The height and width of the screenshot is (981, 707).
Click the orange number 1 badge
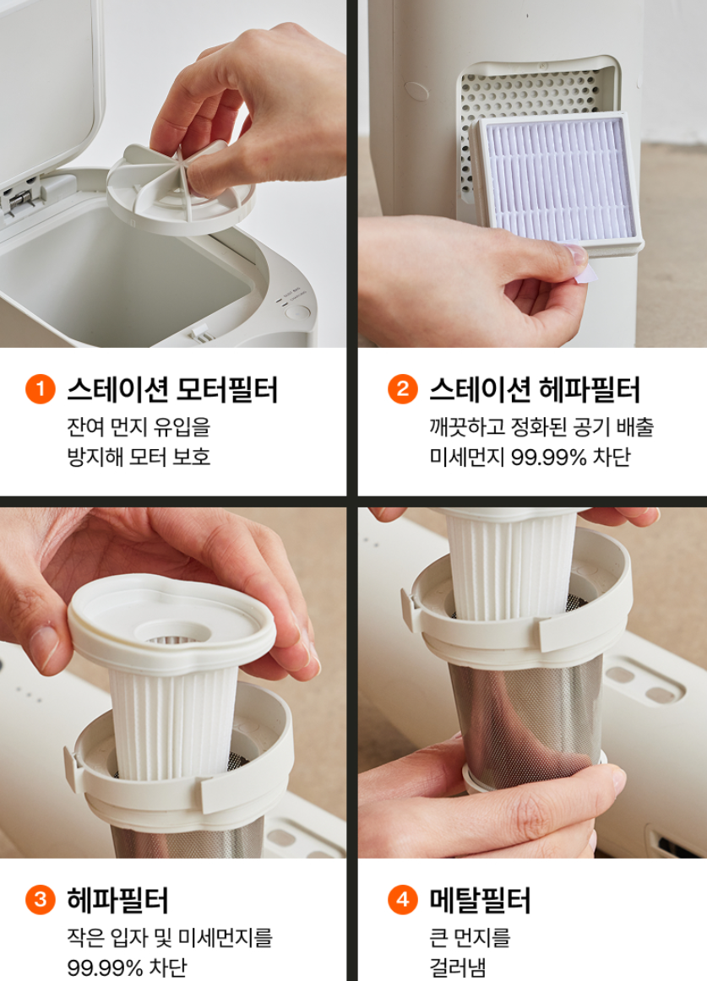click(x=40, y=388)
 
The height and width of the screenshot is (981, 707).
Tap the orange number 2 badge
click(x=403, y=388)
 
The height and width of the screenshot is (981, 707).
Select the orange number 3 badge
click(x=40, y=899)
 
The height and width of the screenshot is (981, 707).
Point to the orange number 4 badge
click(x=403, y=899)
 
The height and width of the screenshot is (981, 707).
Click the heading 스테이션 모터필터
click(x=172, y=389)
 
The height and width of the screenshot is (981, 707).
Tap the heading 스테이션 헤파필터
click(x=534, y=389)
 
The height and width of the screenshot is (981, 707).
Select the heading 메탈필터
click(x=480, y=900)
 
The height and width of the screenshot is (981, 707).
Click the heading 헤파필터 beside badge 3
click(x=117, y=900)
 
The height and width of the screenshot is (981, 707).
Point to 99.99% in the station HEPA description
click(x=548, y=458)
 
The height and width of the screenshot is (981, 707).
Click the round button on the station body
click(x=298, y=312)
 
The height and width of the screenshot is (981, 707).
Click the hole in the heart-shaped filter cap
click(x=171, y=633)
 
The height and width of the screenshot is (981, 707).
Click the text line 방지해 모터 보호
click(x=139, y=457)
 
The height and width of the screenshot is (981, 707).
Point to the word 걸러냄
click(x=457, y=967)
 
